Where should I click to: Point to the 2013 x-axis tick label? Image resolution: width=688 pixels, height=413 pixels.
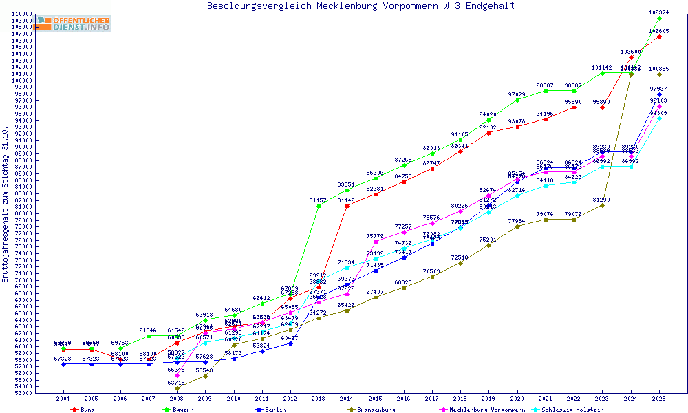tap(319, 399)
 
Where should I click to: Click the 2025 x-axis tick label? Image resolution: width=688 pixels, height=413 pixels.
tap(659, 399)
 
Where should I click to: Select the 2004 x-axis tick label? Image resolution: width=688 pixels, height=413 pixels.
tap(63, 399)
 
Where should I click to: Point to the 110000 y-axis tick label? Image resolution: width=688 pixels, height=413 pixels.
tap(23, 14)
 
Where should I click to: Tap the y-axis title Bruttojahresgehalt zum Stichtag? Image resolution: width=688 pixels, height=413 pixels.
tap(6, 205)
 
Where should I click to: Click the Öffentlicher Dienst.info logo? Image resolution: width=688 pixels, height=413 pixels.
tap(74, 24)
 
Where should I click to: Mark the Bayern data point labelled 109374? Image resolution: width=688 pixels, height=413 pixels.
tap(659, 18)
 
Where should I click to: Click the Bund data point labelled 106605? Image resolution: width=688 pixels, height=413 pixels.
tap(659, 36)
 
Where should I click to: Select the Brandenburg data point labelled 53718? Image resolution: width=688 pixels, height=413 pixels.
tap(177, 388)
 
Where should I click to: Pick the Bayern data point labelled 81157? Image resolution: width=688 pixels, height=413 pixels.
tap(319, 206)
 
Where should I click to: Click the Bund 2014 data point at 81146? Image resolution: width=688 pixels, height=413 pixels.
tap(347, 206)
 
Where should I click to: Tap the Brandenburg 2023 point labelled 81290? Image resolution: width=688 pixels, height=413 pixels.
tap(602, 205)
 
